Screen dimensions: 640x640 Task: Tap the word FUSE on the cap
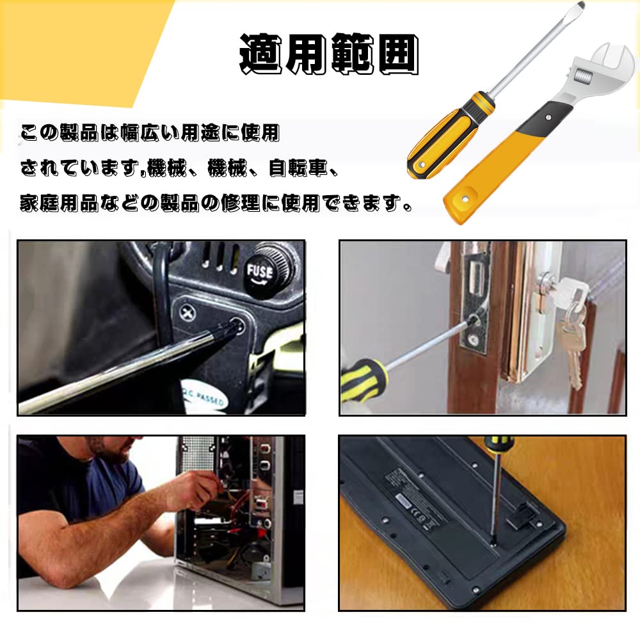(260, 271)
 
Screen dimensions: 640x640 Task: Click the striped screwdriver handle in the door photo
(362, 379)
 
